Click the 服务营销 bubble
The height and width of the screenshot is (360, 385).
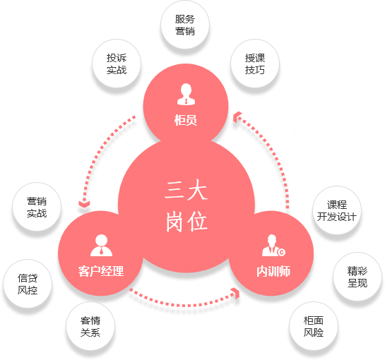pyautogui.click(x=185, y=25)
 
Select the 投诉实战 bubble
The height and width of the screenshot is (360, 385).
pyautogui.click(x=117, y=64)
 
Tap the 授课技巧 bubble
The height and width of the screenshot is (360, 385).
pyautogui.click(x=255, y=64)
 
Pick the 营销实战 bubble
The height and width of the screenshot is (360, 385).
pyautogui.click(x=37, y=207)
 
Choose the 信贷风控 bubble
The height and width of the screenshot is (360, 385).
pyautogui.click(x=28, y=284)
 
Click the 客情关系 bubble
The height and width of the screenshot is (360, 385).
pyautogui.click(x=90, y=326)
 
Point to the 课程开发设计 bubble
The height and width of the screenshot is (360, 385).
pyautogui.click(x=337, y=210)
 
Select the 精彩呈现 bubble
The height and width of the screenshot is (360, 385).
pyautogui.click(x=357, y=277)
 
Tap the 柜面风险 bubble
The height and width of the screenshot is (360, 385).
pyautogui.click(x=314, y=326)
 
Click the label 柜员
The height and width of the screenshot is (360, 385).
pyautogui.click(x=186, y=120)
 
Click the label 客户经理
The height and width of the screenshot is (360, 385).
pyautogui.click(x=101, y=271)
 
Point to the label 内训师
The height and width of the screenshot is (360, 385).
pyautogui.click(x=273, y=271)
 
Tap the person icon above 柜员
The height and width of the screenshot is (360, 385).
pyautogui.click(x=186, y=94)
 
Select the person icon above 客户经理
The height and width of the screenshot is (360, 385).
pyautogui.click(x=101, y=246)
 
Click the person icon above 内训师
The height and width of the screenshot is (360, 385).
pyautogui.click(x=273, y=246)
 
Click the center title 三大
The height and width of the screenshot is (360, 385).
pyautogui.click(x=186, y=190)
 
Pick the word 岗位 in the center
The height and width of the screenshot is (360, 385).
pyautogui.click(x=186, y=222)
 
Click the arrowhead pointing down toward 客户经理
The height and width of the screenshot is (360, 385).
pyautogui.click(x=84, y=204)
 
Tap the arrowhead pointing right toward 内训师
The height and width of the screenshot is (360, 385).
pyautogui.click(x=237, y=293)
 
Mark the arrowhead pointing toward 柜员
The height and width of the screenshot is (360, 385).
pyautogui.click(x=237, y=116)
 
